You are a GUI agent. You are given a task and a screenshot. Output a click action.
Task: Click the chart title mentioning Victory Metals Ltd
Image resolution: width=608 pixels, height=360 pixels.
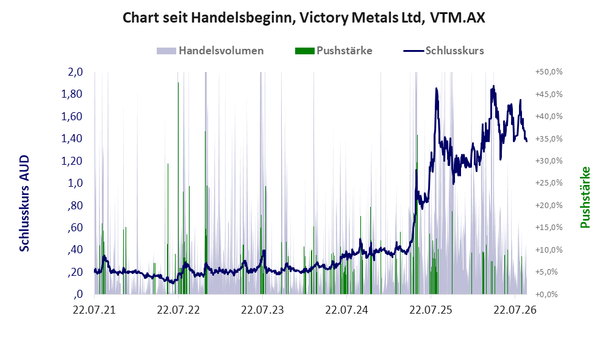point(304,18)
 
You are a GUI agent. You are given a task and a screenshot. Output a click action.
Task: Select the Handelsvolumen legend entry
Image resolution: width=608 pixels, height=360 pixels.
point(210,51)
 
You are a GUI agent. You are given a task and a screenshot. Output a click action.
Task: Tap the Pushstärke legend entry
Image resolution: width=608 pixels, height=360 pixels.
point(334,51)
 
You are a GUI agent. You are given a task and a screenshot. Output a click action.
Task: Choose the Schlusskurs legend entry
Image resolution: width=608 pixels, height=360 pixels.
point(443,51)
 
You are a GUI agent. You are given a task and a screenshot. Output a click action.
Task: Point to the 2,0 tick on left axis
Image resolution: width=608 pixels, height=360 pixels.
point(75,72)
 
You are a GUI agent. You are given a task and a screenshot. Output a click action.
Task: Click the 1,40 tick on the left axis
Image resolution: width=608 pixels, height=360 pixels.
point(72,139)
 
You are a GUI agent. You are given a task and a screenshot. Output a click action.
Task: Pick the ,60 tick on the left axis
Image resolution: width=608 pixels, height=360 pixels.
point(75,228)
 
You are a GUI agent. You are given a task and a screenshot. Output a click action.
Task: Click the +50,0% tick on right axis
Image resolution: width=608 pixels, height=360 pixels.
point(549,72)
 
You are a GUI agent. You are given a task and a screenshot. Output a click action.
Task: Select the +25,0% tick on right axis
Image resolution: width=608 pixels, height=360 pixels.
point(549,182)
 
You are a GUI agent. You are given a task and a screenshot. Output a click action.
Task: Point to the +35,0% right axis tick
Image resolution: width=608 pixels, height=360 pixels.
point(549,139)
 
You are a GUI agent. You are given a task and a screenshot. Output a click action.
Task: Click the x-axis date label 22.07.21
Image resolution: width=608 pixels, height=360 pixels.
point(95,310)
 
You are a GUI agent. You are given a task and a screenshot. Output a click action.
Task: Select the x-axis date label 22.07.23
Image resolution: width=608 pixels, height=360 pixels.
point(262,310)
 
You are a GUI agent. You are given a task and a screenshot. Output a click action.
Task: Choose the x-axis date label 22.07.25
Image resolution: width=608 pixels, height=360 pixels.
point(431,310)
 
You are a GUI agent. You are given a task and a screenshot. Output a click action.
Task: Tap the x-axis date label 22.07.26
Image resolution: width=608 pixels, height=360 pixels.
point(515,310)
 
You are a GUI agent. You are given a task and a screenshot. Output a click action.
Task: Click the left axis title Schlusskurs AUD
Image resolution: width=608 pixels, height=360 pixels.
point(24,203)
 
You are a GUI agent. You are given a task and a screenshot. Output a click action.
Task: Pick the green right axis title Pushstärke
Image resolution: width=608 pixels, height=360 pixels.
point(585,198)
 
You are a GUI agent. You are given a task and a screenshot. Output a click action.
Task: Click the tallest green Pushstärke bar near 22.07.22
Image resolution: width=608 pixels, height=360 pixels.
point(178,188)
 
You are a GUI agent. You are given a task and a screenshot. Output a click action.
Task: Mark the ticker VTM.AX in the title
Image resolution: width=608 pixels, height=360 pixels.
point(457,18)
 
